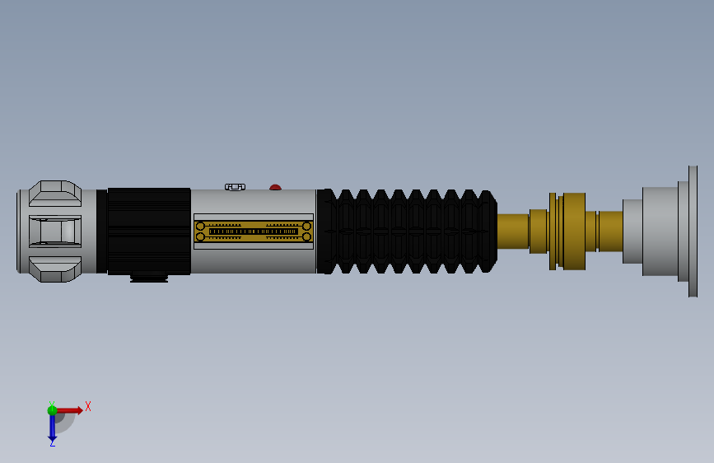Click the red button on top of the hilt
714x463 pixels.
click(x=275, y=187)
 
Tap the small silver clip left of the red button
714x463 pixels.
click(x=235, y=187)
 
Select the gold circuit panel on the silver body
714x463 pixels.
click(x=254, y=231)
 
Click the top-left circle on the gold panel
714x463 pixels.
click(x=200, y=226)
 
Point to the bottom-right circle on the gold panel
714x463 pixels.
click(x=306, y=236)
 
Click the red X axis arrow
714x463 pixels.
click(x=69, y=410)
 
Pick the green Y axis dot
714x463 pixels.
click(x=52, y=410)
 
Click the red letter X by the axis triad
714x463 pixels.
click(x=88, y=406)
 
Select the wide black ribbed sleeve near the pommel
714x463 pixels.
click(x=149, y=231)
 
